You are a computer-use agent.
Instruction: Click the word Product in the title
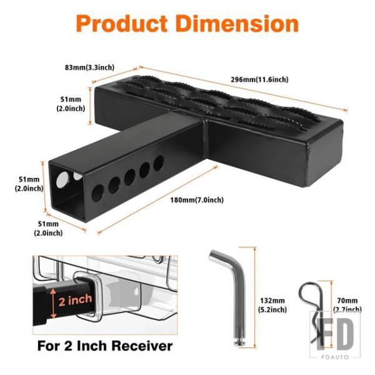coord(122,24)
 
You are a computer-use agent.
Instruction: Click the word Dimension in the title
coord(237,24)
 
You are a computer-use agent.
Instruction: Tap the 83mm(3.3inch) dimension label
coord(89,67)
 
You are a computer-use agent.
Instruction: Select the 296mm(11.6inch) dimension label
coord(259,79)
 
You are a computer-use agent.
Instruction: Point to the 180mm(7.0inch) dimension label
coord(197,200)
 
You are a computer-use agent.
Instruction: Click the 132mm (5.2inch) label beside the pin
coord(272,305)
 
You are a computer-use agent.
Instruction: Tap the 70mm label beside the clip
coord(347,301)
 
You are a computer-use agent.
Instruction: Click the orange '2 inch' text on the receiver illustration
coord(75,301)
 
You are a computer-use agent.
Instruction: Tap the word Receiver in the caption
coord(142,346)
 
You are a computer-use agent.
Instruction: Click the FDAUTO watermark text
coord(335,357)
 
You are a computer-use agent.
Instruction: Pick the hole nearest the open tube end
coord(97,193)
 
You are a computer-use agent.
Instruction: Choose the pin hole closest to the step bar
coord(159,163)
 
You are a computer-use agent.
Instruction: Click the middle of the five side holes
coord(130,177)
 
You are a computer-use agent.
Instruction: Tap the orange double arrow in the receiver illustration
coord(53,304)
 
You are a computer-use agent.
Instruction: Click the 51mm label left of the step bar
coord(71,104)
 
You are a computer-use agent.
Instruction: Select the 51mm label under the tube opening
coord(48,228)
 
